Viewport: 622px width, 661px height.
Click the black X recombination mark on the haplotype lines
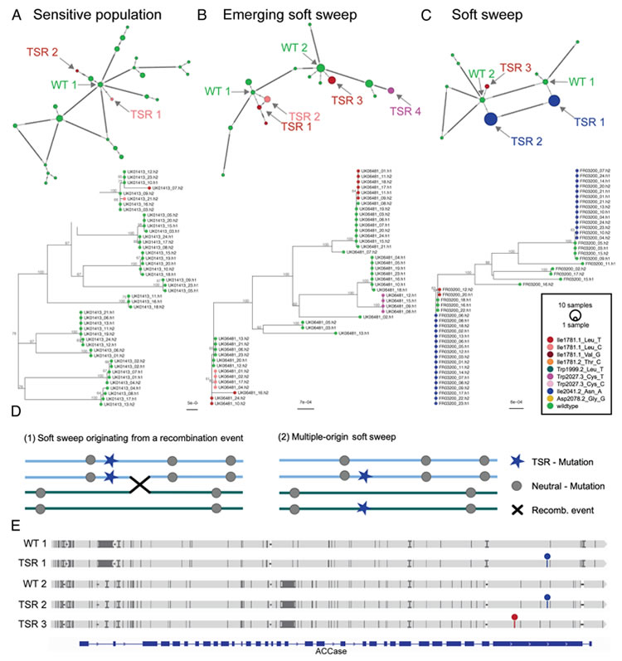pyautogui.click(x=134, y=484)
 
